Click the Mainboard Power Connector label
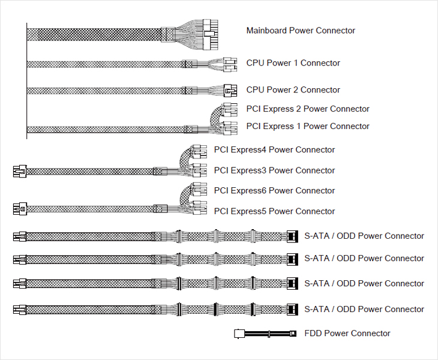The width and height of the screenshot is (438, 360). coord(301,31)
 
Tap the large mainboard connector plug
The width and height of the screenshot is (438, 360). coord(211,35)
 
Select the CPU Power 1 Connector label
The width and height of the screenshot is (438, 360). coord(293,63)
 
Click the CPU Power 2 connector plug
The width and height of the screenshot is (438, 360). coord(230,91)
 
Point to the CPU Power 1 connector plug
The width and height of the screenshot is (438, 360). coord(230,65)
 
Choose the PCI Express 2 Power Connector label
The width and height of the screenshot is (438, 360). coord(308,109)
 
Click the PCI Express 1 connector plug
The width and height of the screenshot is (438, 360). coord(230,128)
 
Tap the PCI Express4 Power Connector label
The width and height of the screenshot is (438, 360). coord(274,149)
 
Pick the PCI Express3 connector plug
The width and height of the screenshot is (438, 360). coord(200,170)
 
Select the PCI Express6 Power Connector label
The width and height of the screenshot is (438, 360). coord(274,190)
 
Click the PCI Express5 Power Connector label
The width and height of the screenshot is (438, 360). coord(274,211)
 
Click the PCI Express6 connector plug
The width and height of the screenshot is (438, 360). coord(200,190)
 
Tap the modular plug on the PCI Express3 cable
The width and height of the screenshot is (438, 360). coord(20,171)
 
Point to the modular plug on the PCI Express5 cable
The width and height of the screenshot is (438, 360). coord(20,209)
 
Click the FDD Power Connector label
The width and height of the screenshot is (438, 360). coord(347,333)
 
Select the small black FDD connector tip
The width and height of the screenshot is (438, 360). coord(293,334)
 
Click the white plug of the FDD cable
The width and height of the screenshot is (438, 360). coord(239,334)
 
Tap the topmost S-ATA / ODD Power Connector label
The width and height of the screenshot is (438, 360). coord(364,236)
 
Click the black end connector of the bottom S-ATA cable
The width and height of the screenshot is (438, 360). coord(292,310)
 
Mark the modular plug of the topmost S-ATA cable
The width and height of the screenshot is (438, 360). coord(20,236)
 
